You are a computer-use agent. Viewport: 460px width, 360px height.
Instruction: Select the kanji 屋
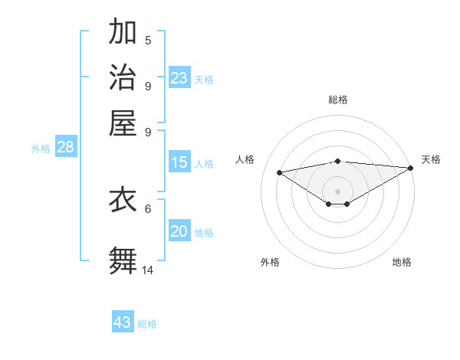pyautogui.click(x=123, y=122)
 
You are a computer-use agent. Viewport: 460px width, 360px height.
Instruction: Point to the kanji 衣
pyautogui.click(x=123, y=199)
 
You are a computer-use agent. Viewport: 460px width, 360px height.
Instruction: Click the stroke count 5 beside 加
pyautogui.click(x=148, y=40)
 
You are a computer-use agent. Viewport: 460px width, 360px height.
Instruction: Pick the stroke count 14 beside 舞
pyautogui.click(x=148, y=270)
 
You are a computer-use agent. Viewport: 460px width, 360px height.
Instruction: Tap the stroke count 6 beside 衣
pyautogui.click(x=148, y=208)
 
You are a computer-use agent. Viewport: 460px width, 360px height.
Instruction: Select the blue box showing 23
pyautogui.click(x=179, y=78)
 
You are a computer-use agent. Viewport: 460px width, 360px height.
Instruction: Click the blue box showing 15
pyautogui.click(x=179, y=162)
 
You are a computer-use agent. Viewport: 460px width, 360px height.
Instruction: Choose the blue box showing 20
pyautogui.click(x=179, y=232)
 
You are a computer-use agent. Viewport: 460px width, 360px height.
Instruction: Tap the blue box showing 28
pyautogui.click(x=65, y=148)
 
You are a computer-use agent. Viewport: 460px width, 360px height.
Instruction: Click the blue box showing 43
pyautogui.click(x=123, y=322)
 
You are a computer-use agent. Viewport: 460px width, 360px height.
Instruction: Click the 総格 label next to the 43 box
pyautogui.click(x=147, y=324)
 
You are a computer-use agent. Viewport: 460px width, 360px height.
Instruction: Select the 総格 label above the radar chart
pyautogui.click(x=338, y=100)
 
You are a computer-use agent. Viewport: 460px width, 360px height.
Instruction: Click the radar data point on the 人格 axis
pyautogui.click(x=279, y=172)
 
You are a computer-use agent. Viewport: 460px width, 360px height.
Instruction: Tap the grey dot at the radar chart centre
pyautogui.click(x=338, y=191)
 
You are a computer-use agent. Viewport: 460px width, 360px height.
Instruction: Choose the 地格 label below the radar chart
pyautogui.click(x=402, y=262)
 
